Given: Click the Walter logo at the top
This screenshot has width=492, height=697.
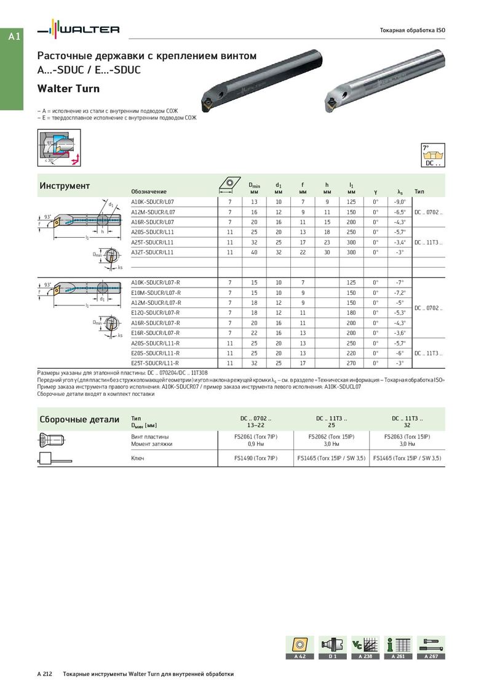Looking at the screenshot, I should tap(78, 30).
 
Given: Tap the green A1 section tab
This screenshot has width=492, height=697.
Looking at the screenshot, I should tap(14, 37).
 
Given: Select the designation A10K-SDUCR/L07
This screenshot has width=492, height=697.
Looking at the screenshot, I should tap(153, 202).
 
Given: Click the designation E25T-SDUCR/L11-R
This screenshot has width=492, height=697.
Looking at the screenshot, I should tap(156, 363).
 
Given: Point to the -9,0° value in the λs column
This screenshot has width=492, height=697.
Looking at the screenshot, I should tap(400, 202).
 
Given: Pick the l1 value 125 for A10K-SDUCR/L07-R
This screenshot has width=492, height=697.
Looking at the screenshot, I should tap(351, 283).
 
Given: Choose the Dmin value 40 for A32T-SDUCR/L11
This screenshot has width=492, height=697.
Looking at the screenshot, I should tap(254, 252).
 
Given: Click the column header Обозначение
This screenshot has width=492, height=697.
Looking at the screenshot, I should tap(149, 191).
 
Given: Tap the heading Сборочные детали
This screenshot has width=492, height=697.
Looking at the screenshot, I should tap(79, 420).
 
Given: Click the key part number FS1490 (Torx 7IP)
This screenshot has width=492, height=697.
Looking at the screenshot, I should tap(255, 458).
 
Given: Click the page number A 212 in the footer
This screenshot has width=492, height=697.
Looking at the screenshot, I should tap(46, 674).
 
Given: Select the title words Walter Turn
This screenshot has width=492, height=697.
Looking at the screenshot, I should tap(65, 88).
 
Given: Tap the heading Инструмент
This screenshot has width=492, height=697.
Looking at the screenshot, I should tap(65, 186).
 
